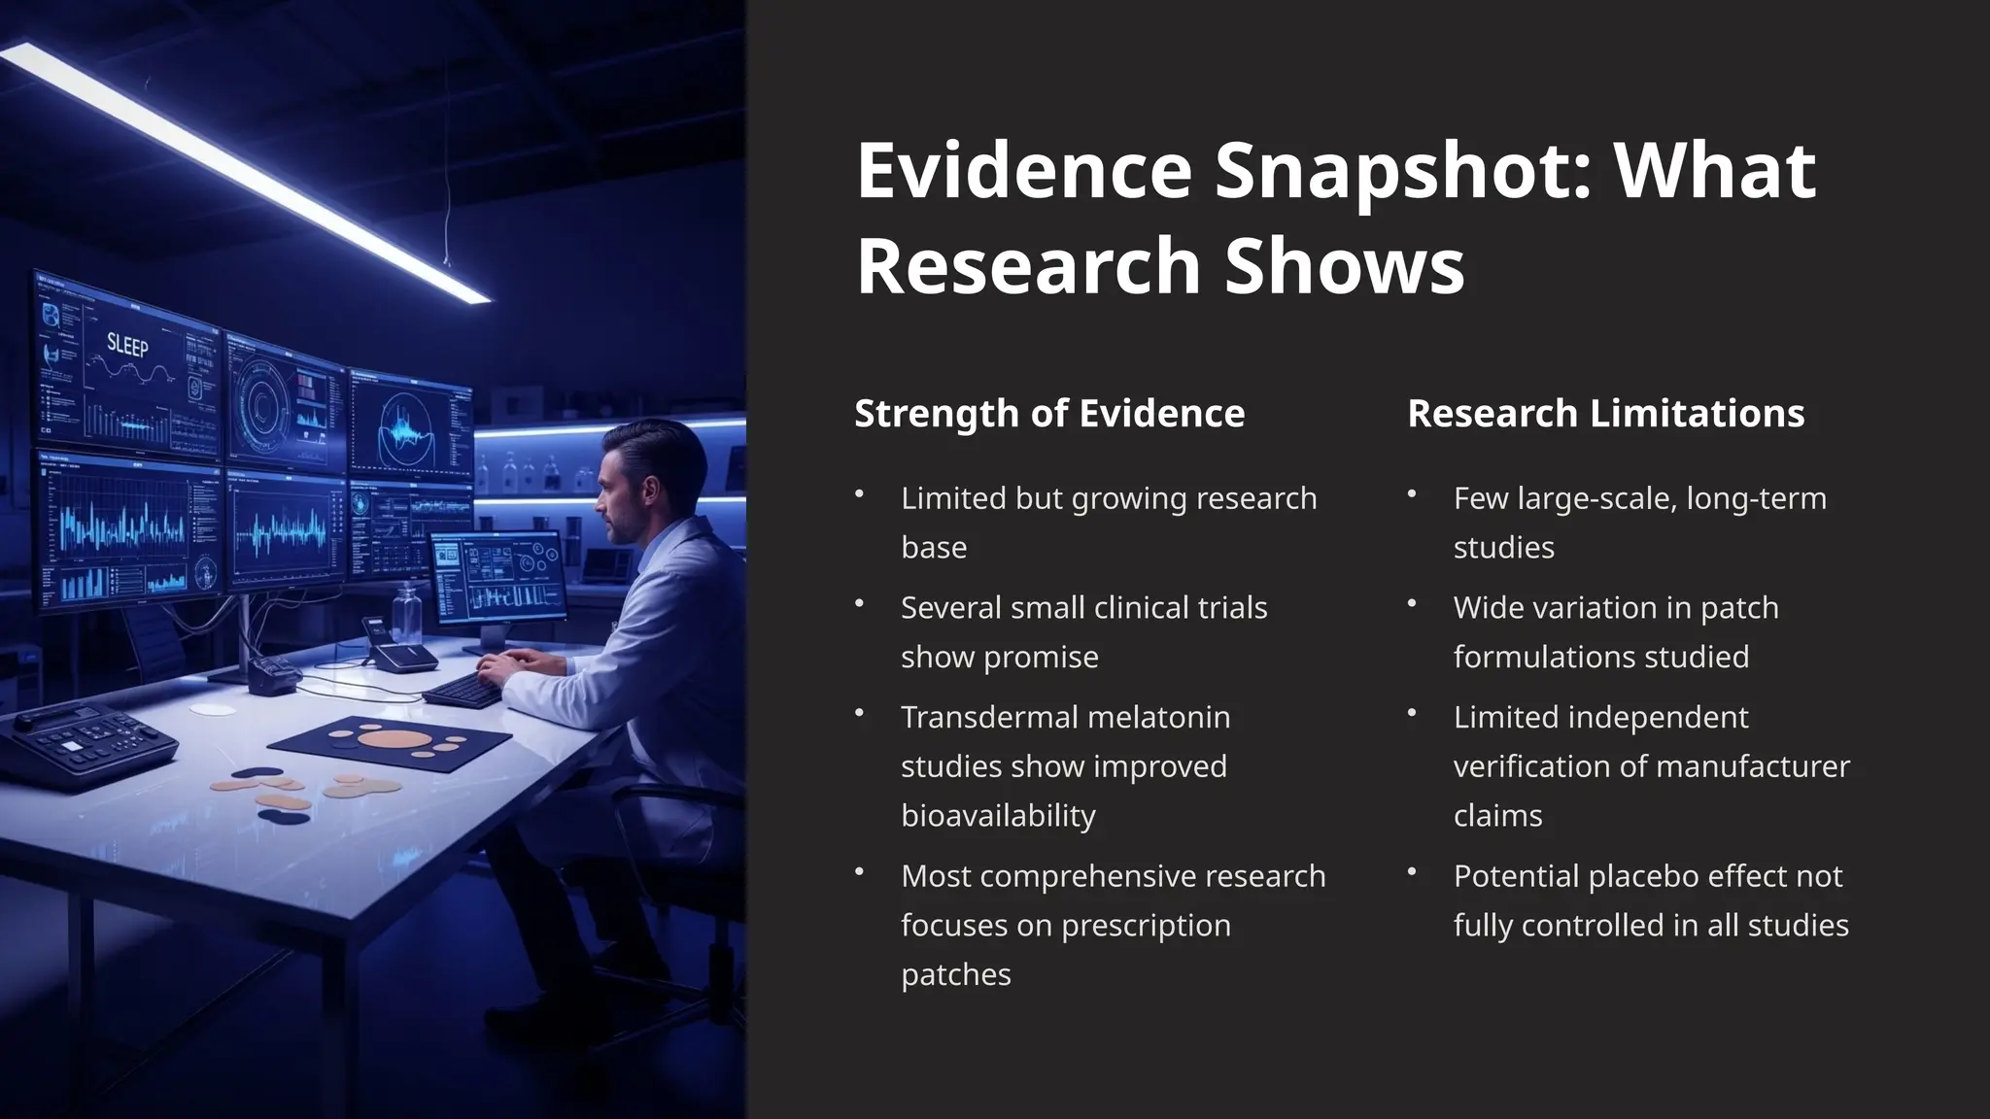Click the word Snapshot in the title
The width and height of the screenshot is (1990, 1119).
click(x=1400, y=172)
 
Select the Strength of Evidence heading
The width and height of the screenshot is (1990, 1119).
click(x=1049, y=414)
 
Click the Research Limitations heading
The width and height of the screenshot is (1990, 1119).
click(x=1605, y=414)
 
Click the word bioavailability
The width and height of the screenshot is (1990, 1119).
click(x=998, y=815)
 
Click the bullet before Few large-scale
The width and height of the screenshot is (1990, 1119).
click(x=1412, y=494)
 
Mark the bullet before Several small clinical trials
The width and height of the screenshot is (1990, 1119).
click(x=859, y=604)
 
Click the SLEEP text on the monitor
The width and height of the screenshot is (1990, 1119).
click(x=127, y=345)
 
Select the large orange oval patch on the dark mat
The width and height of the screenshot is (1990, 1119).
click(x=395, y=738)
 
